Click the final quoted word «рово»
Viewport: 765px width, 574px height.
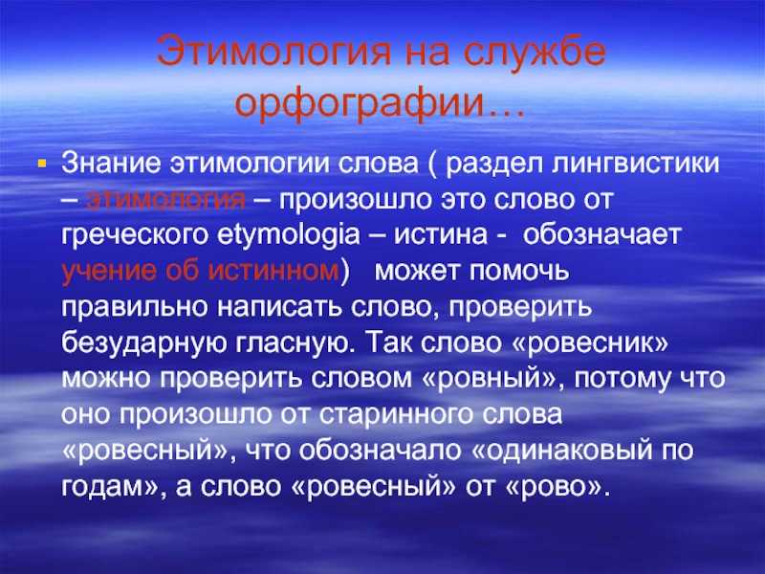point(558,486)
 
